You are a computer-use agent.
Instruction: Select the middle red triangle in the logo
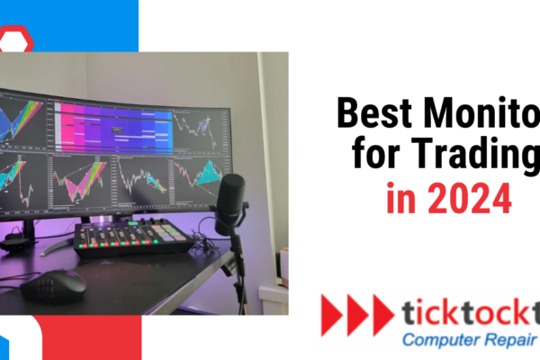point(357,314)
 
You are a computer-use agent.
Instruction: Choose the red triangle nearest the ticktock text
point(382,314)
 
